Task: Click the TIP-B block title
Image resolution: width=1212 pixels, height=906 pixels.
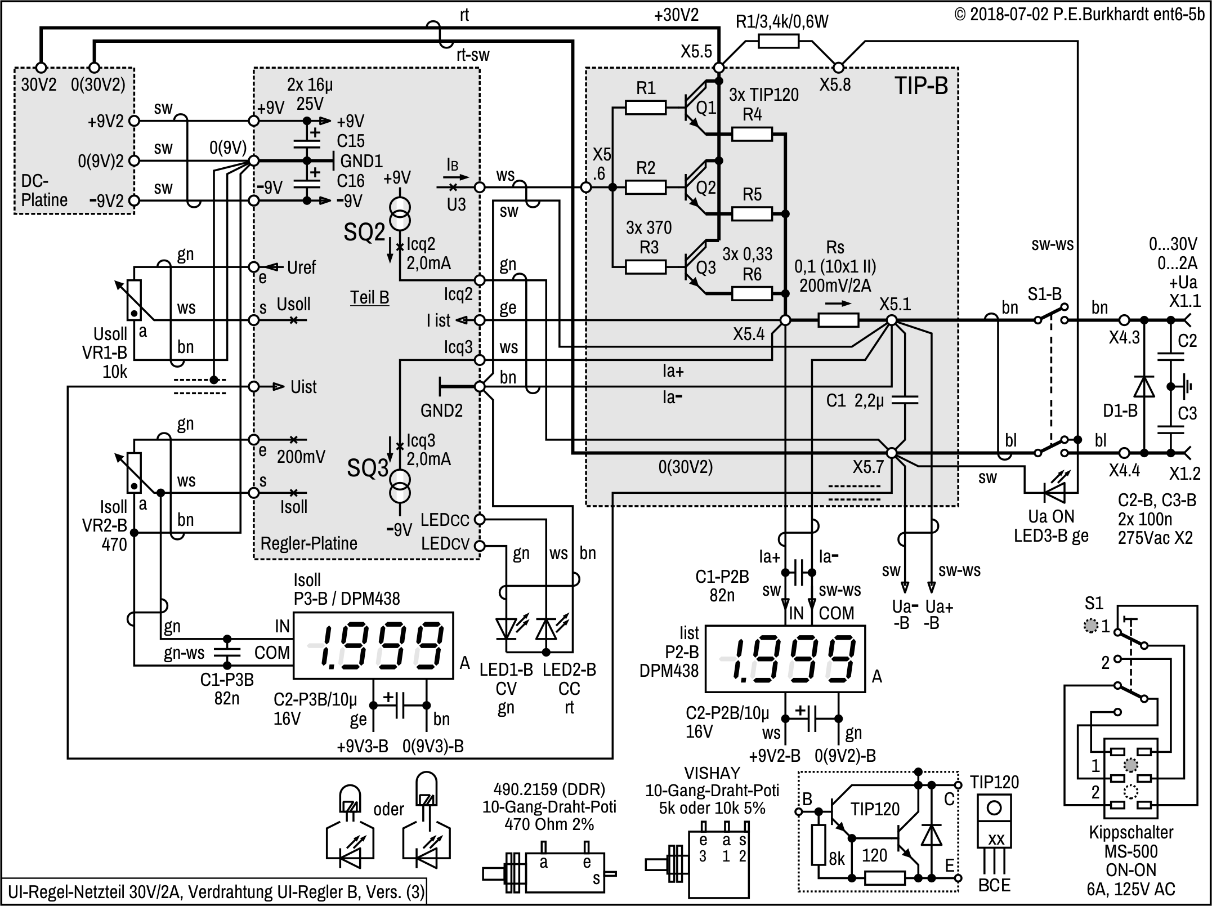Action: pyautogui.click(x=921, y=86)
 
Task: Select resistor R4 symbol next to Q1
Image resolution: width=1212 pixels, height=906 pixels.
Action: pyautogui.click(x=752, y=134)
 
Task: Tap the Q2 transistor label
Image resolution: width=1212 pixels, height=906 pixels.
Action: pyautogui.click(x=706, y=188)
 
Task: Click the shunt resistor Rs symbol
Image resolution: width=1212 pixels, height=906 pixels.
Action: pyautogui.click(x=838, y=320)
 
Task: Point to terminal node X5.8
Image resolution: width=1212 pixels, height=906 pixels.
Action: pyautogui.click(x=838, y=68)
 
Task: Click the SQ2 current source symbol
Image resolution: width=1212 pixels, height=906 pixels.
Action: pyautogui.click(x=400, y=213)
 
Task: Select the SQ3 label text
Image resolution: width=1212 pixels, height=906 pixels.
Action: pyautogui.click(x=368, y=468)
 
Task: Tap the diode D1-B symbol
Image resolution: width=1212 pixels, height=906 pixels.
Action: pyautogui.click(x=1143, y=387)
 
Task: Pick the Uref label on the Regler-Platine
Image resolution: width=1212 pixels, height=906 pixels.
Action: pyautogui.click(x=301, y=267)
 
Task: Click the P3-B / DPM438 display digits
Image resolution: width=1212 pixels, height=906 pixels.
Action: pyautogui.click(x=374, y=645)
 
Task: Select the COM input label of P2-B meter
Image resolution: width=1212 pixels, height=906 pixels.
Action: pyautogui.click(x=836, y=613)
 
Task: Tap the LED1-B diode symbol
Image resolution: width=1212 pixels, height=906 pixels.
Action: pyautogui.click(x=507, y=630)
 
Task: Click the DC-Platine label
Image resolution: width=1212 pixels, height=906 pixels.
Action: pyautogui.click(x=43, y=190)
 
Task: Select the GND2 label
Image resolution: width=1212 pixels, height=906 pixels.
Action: pyautogui.click(x=441, y=410)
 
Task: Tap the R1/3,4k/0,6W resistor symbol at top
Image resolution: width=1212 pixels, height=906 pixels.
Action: pyautogui.click(x=778, y=41)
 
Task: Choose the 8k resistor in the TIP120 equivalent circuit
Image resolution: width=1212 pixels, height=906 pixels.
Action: pyautogui.click(x=819, y=845)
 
